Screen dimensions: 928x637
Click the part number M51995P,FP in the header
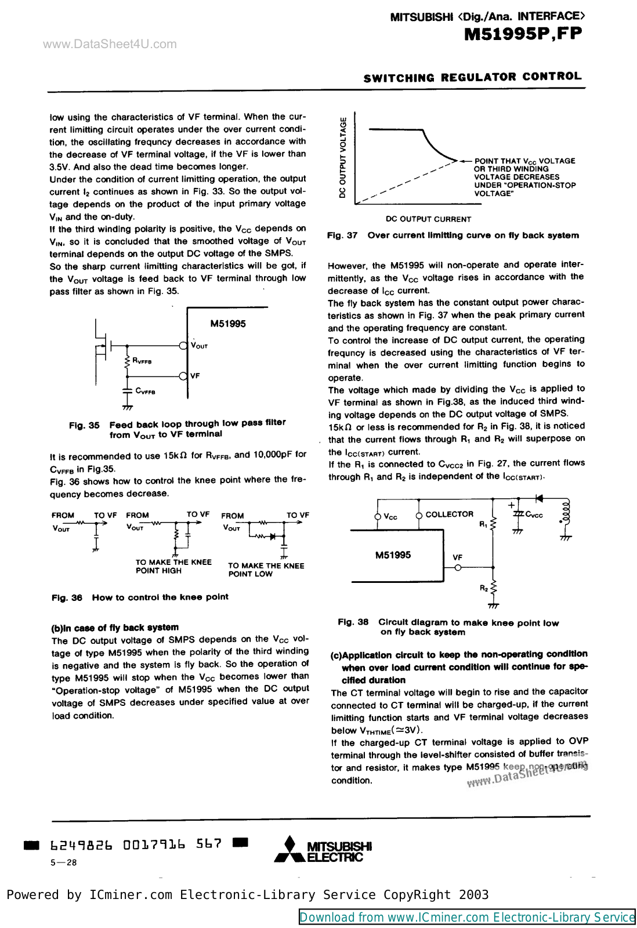point(523,34)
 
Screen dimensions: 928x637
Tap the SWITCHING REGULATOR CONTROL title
point(472,77)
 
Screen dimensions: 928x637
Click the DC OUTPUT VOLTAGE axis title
point(343,158)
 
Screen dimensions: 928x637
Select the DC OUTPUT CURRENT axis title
point(428,219)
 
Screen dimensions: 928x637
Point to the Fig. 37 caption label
point(342,235)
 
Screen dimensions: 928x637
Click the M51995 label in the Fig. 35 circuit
point(227,324)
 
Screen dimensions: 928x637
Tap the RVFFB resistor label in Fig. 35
point(142,361)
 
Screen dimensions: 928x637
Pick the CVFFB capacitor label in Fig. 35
point(145,391)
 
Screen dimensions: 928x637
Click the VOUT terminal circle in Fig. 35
point(183,346)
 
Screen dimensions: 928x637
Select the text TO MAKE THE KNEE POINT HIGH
point(173,566)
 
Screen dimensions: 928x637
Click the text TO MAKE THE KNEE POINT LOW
point(266,570)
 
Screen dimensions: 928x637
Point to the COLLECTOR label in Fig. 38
point(449,514)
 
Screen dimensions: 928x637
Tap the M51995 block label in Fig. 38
point(393,555)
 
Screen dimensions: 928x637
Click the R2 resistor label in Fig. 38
point(484,588)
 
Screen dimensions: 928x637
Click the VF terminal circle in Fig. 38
point(458,568)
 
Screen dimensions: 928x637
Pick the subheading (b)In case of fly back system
point(115,628)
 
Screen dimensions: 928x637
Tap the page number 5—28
point(64,862)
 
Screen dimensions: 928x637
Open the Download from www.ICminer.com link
point(467,917)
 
